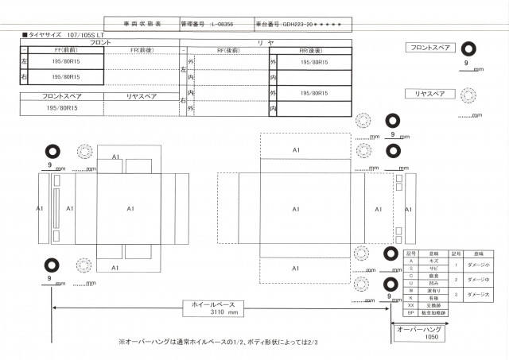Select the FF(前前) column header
pos(61,50)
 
